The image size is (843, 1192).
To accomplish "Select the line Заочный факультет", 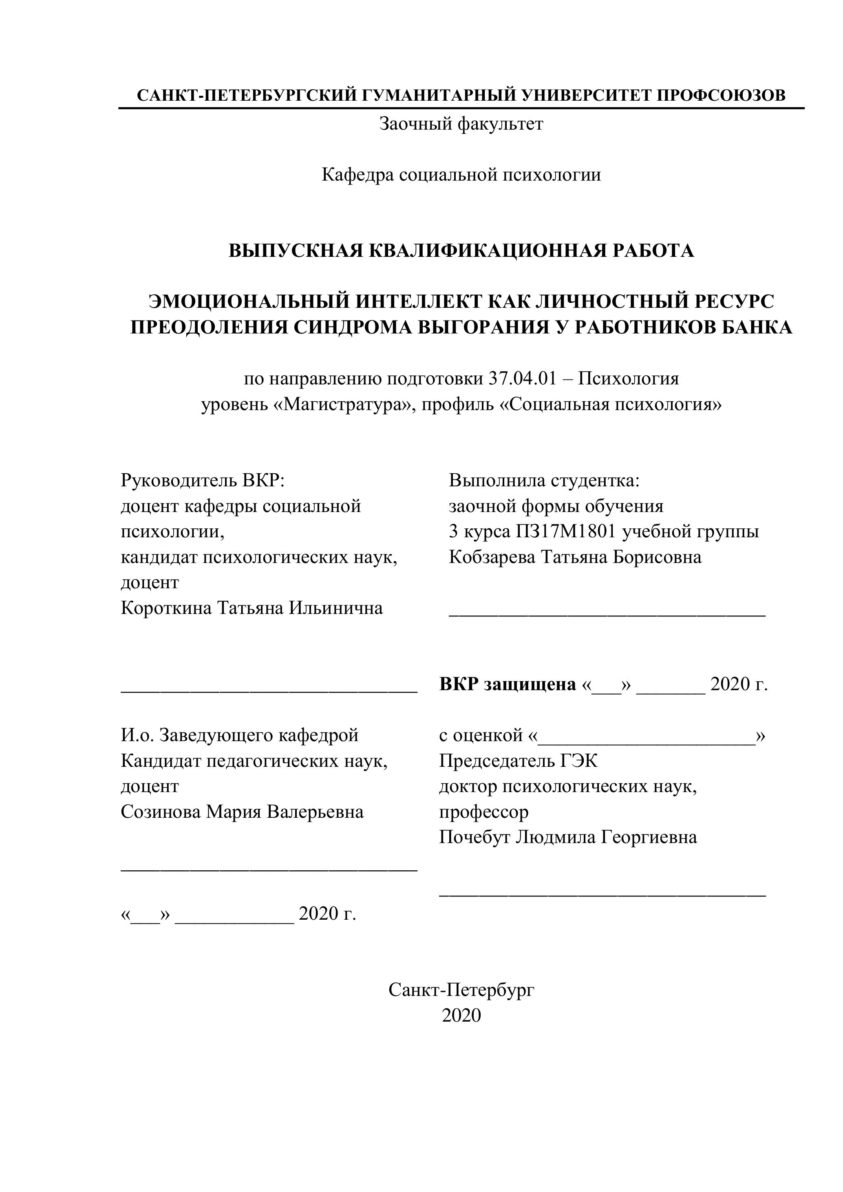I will pos(461,124).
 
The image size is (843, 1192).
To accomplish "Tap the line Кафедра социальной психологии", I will pos(461,174).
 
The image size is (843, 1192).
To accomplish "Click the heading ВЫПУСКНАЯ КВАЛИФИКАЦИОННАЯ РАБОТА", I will pos(461,251).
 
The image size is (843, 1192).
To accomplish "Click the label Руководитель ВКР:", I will pos(203,481).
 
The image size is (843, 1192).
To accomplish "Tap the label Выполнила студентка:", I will pos(544,481).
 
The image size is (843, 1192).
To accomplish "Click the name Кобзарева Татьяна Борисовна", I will pos(575,557).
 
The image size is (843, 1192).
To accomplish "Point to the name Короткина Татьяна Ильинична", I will pos(252,608).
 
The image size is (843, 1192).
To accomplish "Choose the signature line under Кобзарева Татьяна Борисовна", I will pos(607,615).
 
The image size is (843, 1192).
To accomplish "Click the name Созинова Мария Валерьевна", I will pos(242,812).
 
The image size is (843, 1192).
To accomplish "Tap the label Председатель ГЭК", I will pos(518,761).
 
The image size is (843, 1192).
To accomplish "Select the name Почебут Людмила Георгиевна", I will pos(568,837).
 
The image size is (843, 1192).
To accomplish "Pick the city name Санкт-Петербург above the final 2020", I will pos(461,990).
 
